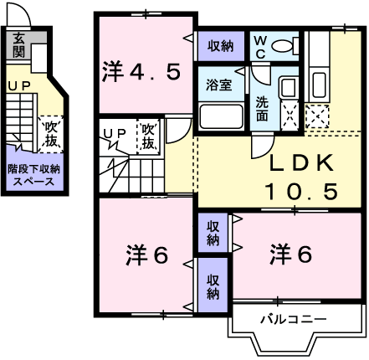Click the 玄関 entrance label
click(x=18, y=43)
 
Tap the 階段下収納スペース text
click(x=33, y=175)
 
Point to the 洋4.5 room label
click(x=141, y=72)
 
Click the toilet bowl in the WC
click(x=287, y=45)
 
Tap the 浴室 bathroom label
click(x=220, y=83)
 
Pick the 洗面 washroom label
click(x=261, y=110)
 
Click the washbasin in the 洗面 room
click(x=287, y=89)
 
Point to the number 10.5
click(x=301, y=192)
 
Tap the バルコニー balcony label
click(x=292, y=319)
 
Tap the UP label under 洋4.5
click(x=115, y=133)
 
